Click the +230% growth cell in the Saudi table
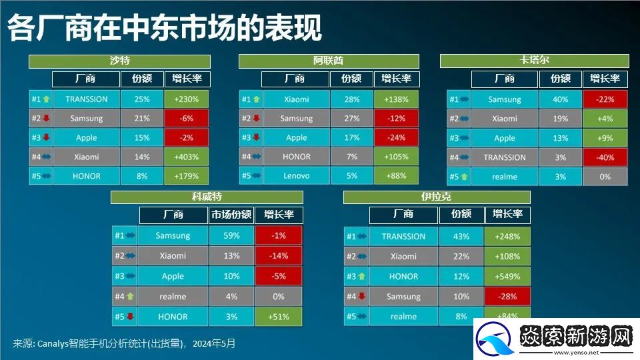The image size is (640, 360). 187,99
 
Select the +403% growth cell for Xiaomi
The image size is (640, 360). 187,157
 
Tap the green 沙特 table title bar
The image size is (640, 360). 119,61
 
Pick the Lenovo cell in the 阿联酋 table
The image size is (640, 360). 296,176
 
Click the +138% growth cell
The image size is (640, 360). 396,99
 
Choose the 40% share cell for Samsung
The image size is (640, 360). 561,99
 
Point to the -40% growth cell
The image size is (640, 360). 605,157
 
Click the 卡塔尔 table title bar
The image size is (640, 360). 534,61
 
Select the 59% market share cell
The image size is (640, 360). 231,235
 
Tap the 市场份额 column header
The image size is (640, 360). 231,215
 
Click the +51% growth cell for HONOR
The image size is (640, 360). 279,317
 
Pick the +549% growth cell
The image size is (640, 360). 507,276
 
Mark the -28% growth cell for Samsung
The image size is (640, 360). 507,296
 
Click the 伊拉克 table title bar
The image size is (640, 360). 436,197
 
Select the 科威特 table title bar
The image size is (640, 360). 207,197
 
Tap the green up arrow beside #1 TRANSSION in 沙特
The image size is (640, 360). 46,99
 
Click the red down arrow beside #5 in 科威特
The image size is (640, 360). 130,316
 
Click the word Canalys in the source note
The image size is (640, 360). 53,344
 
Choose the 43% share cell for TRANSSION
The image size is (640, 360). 461,236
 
